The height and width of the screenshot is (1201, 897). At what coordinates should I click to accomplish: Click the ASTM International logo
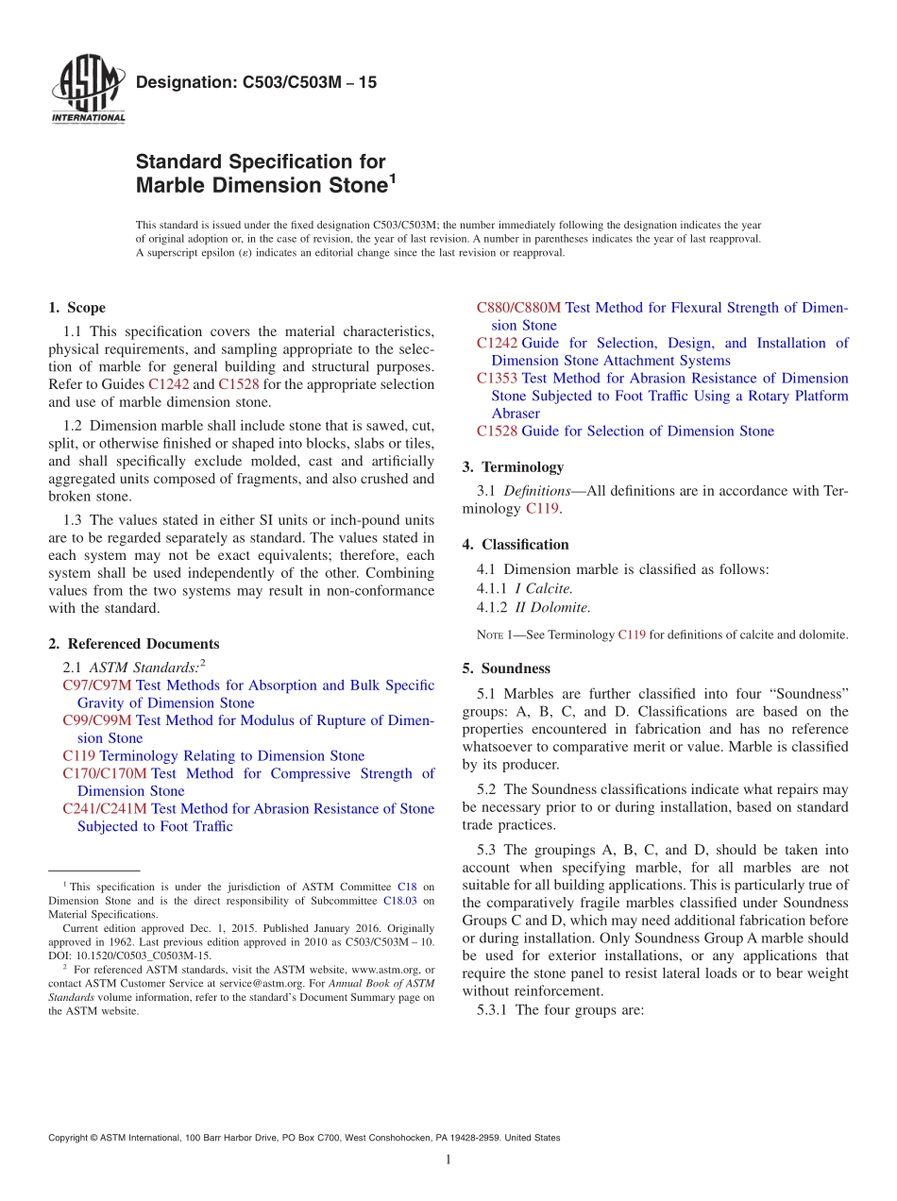88,91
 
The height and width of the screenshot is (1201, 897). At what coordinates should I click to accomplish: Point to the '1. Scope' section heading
76,308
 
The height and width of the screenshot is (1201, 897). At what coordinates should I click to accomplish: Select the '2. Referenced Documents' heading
133,644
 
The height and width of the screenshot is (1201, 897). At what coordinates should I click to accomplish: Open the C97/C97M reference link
97,685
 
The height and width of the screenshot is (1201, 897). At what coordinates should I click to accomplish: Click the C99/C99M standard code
97,720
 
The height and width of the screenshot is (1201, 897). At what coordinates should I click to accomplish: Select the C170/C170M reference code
105,773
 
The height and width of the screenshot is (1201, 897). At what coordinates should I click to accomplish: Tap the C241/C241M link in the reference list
105,808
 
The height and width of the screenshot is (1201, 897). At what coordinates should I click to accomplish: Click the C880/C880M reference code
518,308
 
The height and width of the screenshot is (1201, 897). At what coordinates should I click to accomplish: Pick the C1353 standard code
497,379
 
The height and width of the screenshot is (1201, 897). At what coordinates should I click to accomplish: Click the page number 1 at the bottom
448,1160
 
